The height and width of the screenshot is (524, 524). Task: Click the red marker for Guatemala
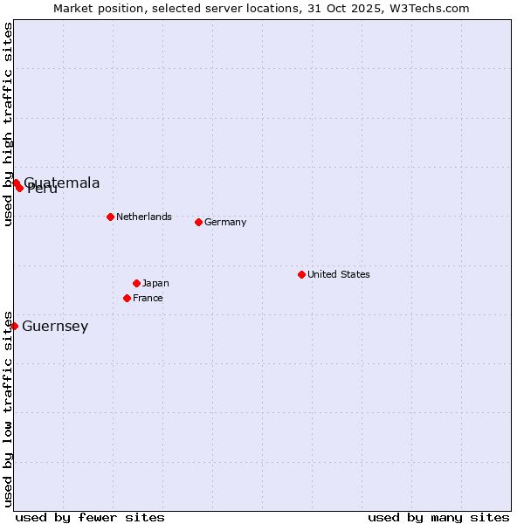click(16, 183)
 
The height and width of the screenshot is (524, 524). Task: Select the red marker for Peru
click(19, 188)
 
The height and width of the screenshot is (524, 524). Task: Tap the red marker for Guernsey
click(14, 326)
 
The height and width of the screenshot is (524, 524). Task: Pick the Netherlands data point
click(110, 217)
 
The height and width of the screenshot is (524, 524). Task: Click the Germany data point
click(198, 222)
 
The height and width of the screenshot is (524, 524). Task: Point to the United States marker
click(301, 274)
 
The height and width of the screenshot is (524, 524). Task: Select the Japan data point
click(136, 283)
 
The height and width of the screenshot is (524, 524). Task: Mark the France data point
click(127, 298)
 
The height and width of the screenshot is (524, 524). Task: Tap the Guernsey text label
click(55, 327)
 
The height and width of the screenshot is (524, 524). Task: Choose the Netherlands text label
click(144, 217)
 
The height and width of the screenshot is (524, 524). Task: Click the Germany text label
click(225, 222)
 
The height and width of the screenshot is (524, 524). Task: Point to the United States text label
click(339, 274)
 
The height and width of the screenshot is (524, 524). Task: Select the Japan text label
click(155, 283)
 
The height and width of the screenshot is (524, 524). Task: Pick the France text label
click(148, 298)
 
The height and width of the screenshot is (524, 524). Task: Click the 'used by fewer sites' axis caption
click(90, 517)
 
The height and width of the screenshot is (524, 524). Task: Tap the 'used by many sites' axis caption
click(438, 517)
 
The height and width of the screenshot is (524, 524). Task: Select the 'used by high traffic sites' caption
click(8, 125)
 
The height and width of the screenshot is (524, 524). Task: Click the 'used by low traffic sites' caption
click(8, 409)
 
